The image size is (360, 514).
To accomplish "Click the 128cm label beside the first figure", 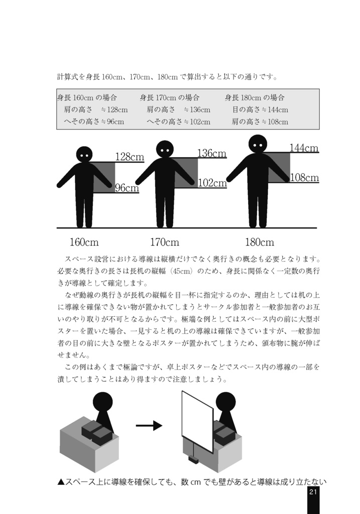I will pyautogui.click(x=130, y=157).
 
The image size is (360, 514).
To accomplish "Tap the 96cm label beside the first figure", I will pyautogui.click(x=127, y=188).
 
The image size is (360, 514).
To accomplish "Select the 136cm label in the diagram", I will pyautogui.click(x=211, y=153).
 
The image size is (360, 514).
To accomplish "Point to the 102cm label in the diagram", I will pyautogui.click(x=212, y=183).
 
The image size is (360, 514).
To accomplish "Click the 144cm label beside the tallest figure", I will pyautogui.click(x=304, y=148).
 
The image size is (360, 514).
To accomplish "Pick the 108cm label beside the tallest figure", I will pyautogui.click(x=304, y=178).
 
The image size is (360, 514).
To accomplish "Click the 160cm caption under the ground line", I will pyautogui.click(x=84, y=242).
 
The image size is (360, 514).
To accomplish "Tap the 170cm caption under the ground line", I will pyautogui.click(x=164, y=242).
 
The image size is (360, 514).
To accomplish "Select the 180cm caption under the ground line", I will pyautogui.click(x=259, y=242).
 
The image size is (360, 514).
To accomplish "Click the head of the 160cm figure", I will pyautogui.click(x=84, y=154).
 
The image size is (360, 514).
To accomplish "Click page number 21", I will pyautogui.click(x=313, y=492).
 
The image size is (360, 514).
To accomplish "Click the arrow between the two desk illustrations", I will pyautogui.click(x=149, y=426).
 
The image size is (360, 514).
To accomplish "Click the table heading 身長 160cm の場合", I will pyautogui.click(x=87, y=97).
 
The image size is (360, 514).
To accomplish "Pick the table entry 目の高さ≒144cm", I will pyautogui.click(x=260, y=109).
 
